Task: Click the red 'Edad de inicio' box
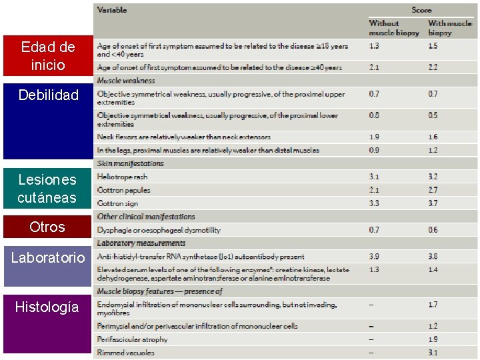(47, 55)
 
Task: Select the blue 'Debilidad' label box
(47, 95)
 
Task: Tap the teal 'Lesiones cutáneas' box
(47, 188)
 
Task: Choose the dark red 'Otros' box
(47, 227)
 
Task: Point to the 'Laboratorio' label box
(47, 257)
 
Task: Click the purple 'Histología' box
(47, 307)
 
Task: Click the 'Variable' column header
(112, 10)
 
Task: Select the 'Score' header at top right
(421, 10)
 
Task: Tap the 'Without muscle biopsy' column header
(394, 28)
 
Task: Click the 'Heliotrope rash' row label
(122, 177)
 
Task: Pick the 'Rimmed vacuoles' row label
(125, 352)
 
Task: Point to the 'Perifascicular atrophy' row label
(132, 339)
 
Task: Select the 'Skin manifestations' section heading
(130, 163)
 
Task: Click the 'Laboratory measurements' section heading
(141, 243)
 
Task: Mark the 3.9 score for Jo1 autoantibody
(374, 257)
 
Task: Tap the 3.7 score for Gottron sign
(433, 203)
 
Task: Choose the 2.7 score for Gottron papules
(433, 190)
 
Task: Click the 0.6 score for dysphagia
(433, 230)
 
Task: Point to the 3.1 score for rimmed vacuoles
(433, 352)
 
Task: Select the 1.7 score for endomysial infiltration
(433, 305)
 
